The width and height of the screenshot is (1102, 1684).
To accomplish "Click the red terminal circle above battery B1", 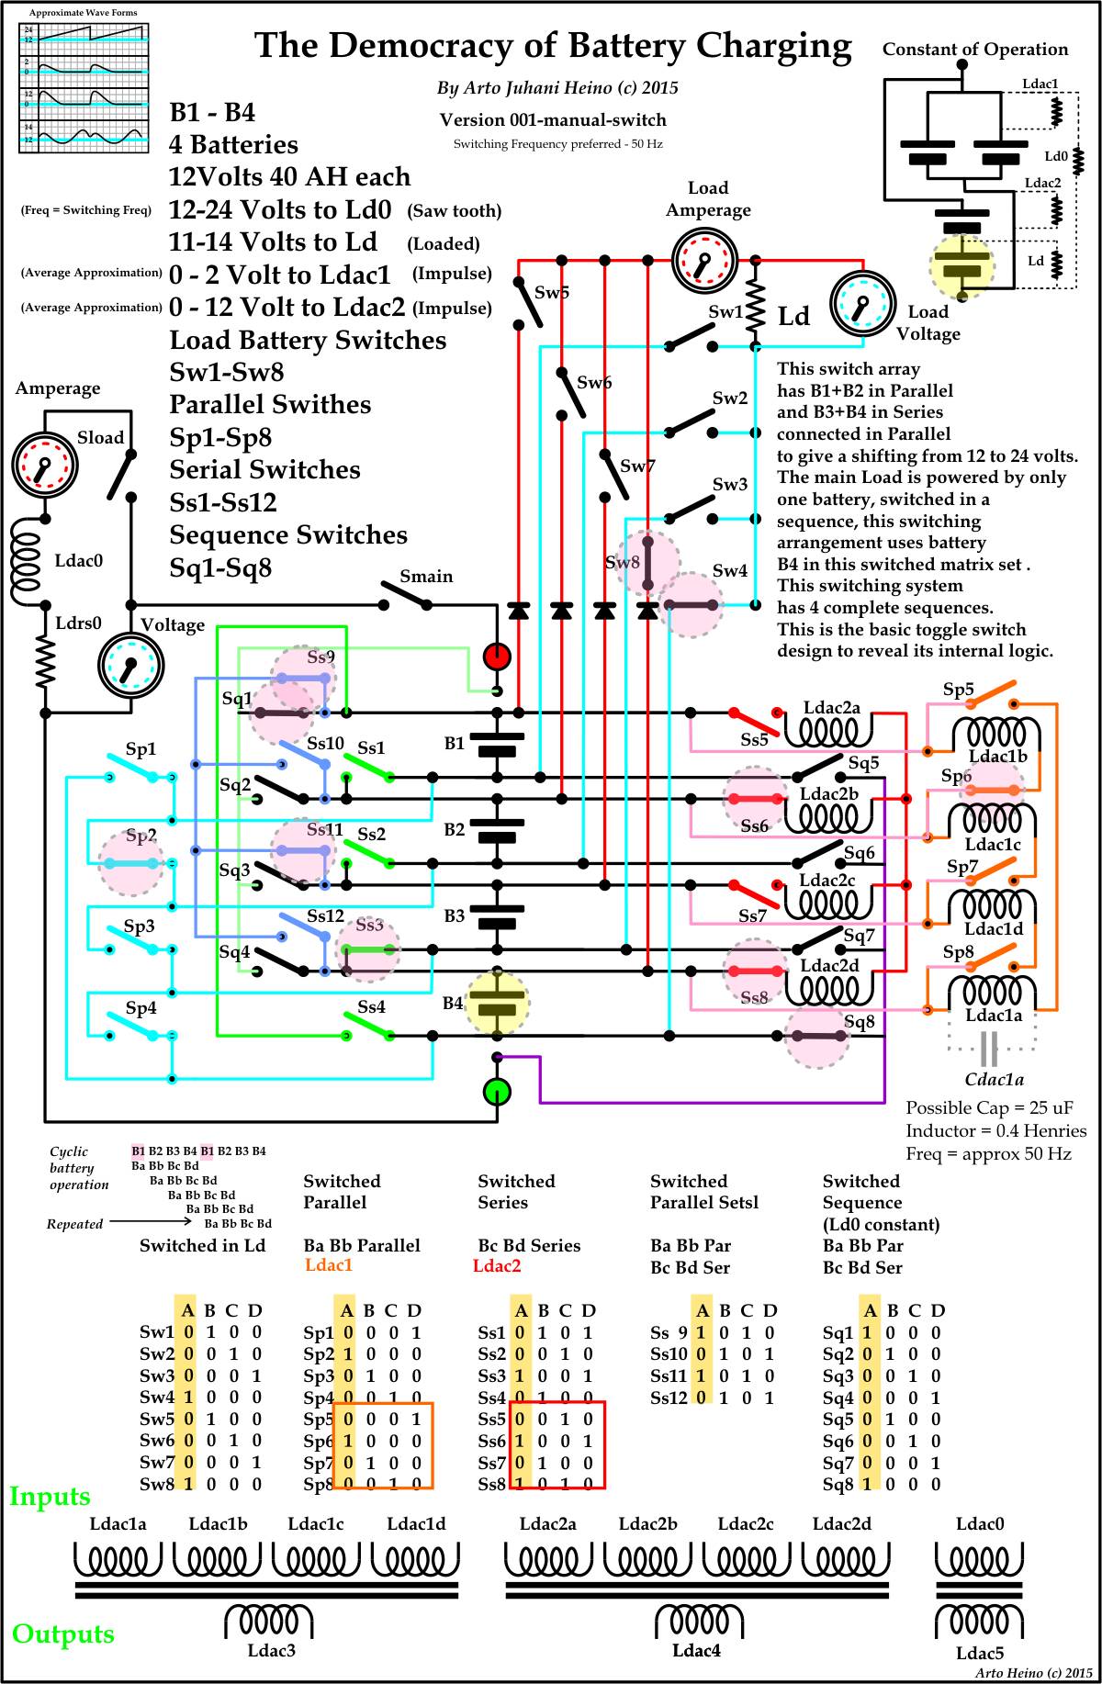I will (x=497, y=657).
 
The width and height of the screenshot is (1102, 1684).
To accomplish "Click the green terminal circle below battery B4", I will (x=497, y=1092).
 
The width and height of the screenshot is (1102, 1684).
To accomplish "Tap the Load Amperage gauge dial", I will (x=703, y=261).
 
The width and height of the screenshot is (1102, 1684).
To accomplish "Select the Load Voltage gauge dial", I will (x=861, y=303).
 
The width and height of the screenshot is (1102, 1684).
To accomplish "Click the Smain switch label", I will (x=426, y=577).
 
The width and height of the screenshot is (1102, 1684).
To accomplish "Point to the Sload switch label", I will (x=100, y=438).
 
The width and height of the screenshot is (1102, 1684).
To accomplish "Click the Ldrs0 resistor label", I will (x=78, y=624).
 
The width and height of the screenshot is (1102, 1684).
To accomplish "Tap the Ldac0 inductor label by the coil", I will (x=79, y=561).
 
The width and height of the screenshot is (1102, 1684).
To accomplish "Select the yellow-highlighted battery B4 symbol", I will (x=497, y=1002).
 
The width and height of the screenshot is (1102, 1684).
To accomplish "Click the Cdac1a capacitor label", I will (x=995, y=1080).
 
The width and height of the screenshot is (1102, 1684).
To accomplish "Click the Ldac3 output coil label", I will (x=272, y=1650).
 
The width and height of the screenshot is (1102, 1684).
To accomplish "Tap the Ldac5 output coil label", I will (x=979, y=1653).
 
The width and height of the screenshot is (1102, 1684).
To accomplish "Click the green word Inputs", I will (x=50, y=1497).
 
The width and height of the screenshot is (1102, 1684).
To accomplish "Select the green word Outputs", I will (x=63, y=1633).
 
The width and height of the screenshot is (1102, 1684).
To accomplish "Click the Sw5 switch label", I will (x=551, y=293).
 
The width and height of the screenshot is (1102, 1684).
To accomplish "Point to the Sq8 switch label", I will (x=860, y=1022).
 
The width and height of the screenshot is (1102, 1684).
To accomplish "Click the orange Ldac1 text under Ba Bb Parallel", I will (x=329, y=1265).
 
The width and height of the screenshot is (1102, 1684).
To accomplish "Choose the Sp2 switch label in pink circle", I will (x=141, y=836).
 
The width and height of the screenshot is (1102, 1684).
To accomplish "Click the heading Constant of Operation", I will (x=975, y=50).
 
